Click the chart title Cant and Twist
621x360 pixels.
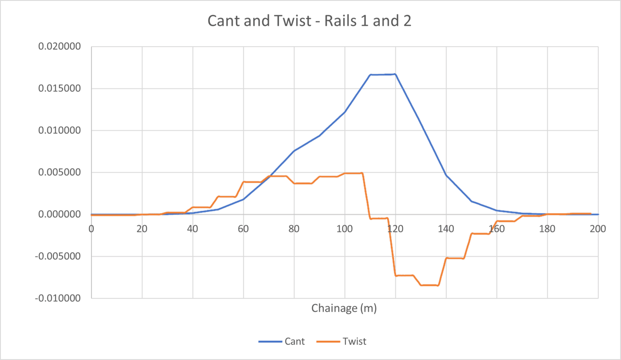309,21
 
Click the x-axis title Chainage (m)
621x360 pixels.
344,309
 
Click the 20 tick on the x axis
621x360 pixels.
142,229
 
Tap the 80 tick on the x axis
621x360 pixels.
294,229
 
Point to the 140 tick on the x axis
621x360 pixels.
446,229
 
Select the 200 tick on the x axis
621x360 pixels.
598,229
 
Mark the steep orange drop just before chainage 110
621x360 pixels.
366,196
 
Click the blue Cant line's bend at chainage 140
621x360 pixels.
446,175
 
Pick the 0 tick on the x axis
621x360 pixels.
91,229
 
